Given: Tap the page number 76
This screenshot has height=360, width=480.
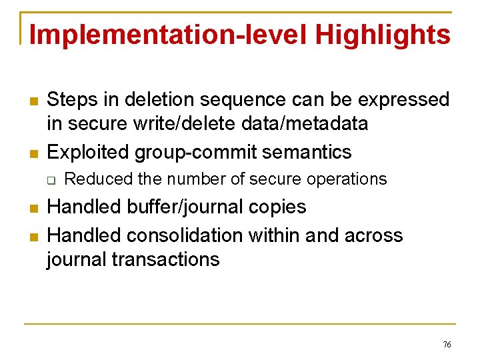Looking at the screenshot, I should tap(447, 344).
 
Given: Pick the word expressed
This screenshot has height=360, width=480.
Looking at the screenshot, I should tap(404, 100).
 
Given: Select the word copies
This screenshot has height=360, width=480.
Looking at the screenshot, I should tap(279, 207).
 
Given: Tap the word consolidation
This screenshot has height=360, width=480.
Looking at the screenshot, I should tap(194, 235).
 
